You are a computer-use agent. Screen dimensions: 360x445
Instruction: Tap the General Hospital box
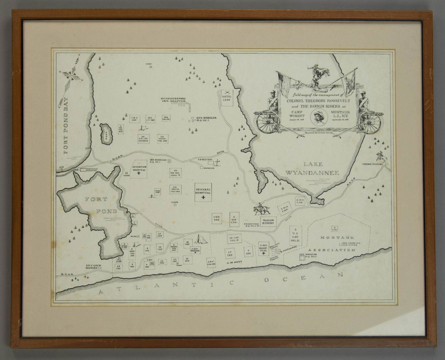coord(203,192)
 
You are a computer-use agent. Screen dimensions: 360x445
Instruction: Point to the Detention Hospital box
coord(138,169)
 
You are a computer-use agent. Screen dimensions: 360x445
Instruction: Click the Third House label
coord(372,164)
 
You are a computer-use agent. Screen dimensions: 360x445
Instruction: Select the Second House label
coord(93,267)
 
